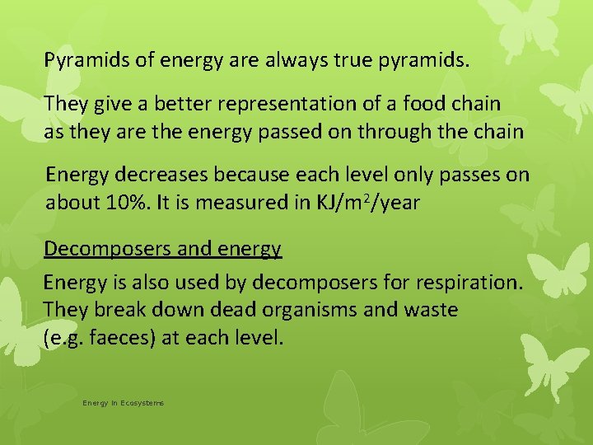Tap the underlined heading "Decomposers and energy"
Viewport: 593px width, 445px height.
click(x=162, y=248)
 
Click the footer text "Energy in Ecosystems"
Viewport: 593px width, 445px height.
click(x=123, y=403)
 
